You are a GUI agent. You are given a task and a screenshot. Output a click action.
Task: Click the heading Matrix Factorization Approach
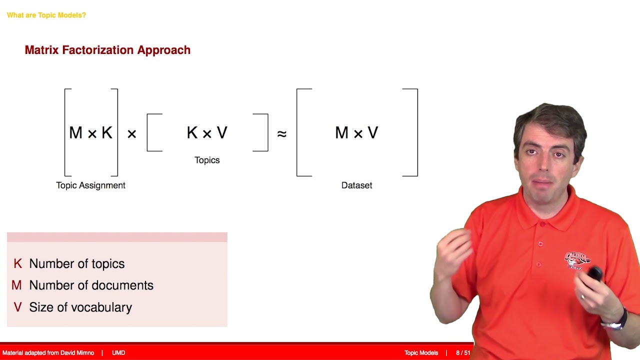pyautogui.click(x=107, y=50)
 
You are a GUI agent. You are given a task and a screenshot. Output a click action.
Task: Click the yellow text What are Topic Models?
pyautogui.click(x=46, y=15)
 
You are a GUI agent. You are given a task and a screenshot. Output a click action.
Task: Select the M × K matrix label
pyautogui.click(x=90, y=132)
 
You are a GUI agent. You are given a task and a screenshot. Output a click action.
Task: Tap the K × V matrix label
pyautogui.click(x=207, y=132)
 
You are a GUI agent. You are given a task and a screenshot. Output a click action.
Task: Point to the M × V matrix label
pyautogui.click(x=356, y=132)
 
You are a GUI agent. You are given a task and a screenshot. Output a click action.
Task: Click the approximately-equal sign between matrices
pyautogui.click(x=282, y=133)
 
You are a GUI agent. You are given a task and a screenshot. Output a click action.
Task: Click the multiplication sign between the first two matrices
pyautogui.click(x=131, y=133)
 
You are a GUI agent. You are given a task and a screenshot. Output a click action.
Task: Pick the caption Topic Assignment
pyautogui.click(x=90, y=185)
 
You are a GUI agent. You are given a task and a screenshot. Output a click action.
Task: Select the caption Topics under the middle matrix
pyautogui.click(x=207, y=160)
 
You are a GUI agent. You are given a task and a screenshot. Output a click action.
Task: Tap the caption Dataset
pyautogui.click(x=356, y=185)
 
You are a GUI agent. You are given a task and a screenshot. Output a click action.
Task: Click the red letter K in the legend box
pyautogui.click(x=17, y=263)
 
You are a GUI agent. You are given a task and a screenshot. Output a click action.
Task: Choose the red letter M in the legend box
pyautogui.click(x=16, y=285)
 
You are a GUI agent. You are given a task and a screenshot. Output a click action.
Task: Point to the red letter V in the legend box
pyautogui.click(x=17, y=307)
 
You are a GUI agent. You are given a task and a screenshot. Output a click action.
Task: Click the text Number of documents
pyautogui.click(x=91, y=285)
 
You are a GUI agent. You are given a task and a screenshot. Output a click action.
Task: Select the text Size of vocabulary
pyautogui.click(x=80, y=307)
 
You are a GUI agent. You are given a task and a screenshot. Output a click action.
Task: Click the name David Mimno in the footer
pyautogui.click(x=74, y=353)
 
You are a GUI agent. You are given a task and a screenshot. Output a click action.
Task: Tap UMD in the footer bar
pyautogui.click(x=118, y=353)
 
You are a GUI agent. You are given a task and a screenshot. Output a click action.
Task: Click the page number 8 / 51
pyautogui.click(x=463, y=353)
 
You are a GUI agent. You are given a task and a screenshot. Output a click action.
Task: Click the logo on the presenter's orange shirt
pyautogui.click(x=577, y=260)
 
